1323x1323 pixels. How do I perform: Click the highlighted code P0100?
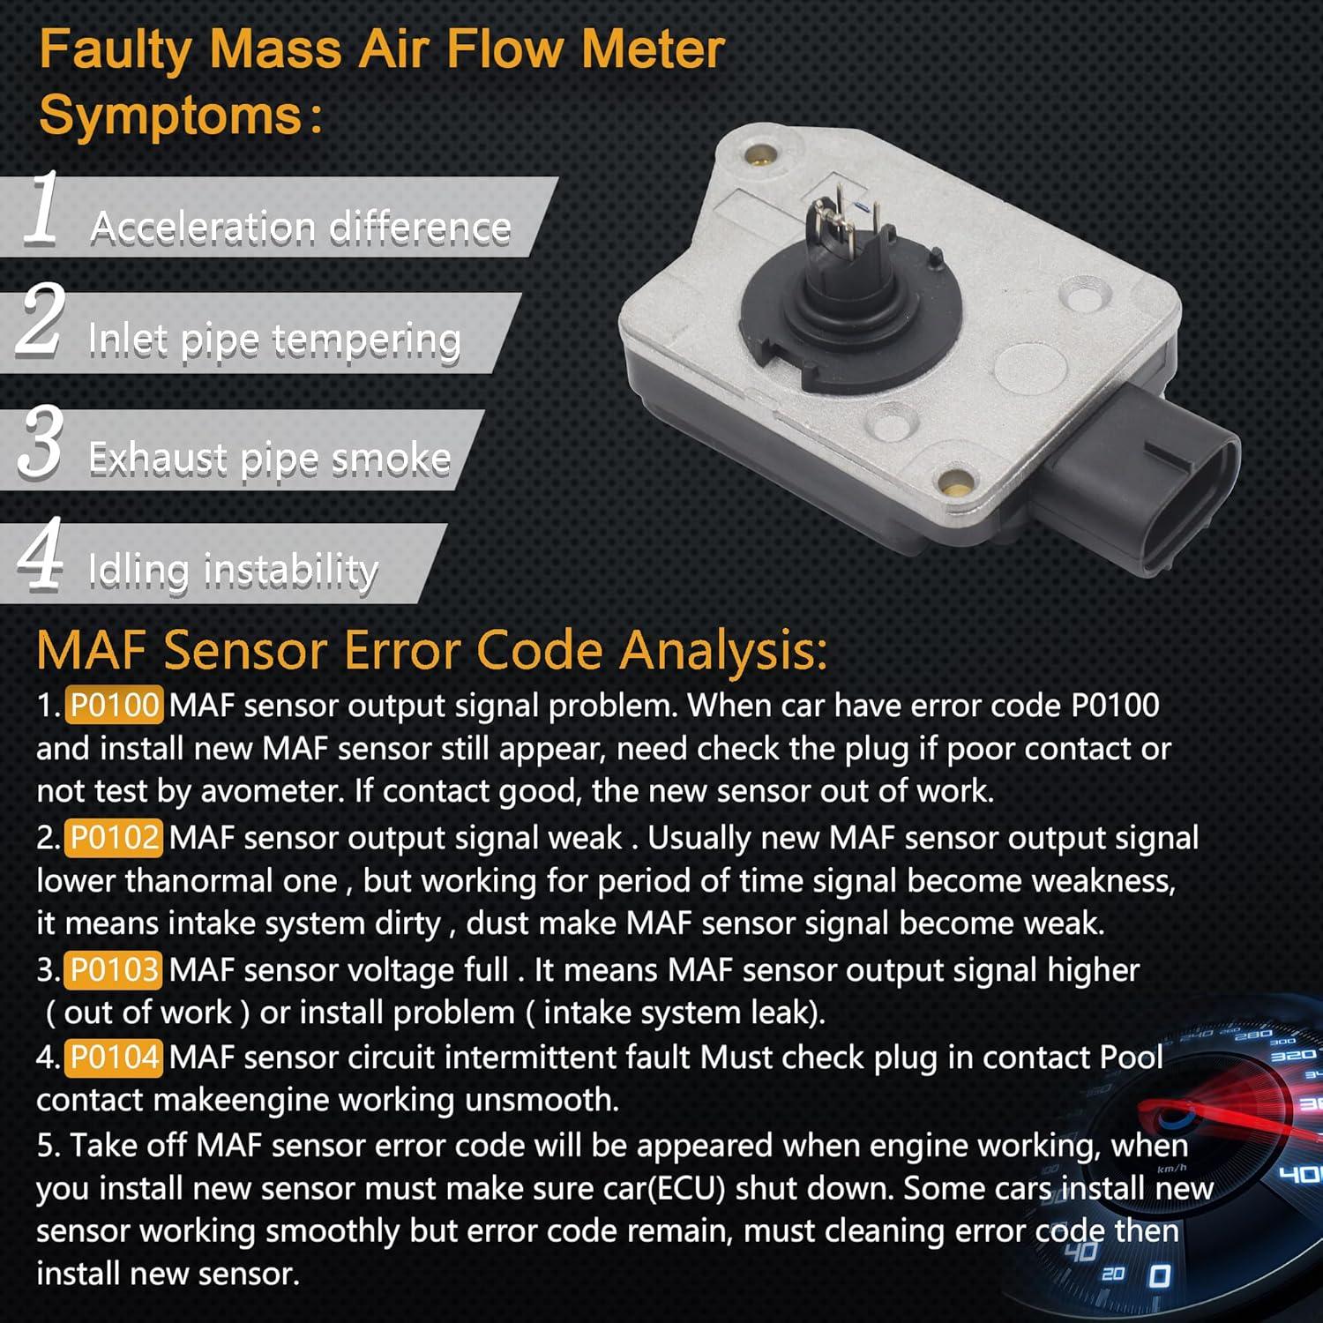114,706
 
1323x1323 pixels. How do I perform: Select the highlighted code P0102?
114,838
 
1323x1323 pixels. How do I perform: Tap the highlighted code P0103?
114,970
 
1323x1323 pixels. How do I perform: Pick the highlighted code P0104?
114,1057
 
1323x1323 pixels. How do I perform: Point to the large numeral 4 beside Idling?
41,553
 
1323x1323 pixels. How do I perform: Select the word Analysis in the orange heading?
723,651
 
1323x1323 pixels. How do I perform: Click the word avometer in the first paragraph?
272,791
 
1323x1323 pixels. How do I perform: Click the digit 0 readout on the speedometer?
1160,1276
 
